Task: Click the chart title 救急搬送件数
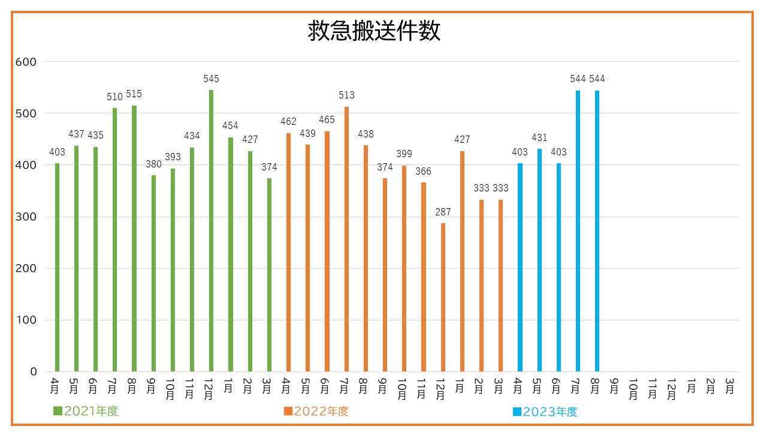click(x=374, y=31)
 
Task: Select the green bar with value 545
click(x=211, y=231)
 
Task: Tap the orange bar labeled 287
click(x=443, y=297)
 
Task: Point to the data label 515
click(x=134, y=94)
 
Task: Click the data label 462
click(x=288, y=122)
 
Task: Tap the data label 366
click(x=423, y=172)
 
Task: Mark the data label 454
click(x=230, y=126)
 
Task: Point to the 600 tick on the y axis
click(x=26, y=62)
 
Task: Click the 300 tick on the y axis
click(x=26, y=217)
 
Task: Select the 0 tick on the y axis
click(x=34, y=372)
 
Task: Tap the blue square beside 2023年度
click(x=517, y=412)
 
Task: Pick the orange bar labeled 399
click(x=404, y=268)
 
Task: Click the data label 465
click(x=327, y=120)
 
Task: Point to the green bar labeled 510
click(x=114, y=240)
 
